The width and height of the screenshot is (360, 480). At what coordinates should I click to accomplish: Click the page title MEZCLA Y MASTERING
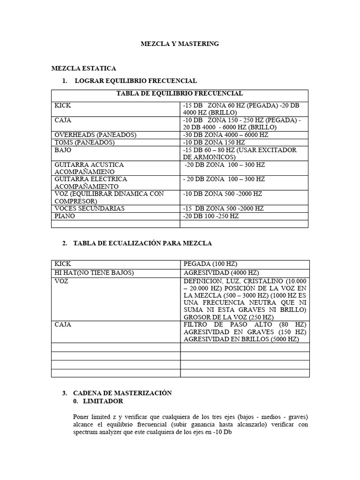[180, 44]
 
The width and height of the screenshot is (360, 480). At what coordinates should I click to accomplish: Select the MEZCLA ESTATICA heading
[83, 68]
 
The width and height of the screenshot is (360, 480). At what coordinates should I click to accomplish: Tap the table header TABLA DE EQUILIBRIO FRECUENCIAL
[180, 94]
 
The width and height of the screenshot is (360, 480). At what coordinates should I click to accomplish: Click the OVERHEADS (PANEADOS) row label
[95, 135]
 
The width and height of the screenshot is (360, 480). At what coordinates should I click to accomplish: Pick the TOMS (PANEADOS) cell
[85, 142]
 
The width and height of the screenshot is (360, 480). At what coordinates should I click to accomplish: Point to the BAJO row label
[63, 150]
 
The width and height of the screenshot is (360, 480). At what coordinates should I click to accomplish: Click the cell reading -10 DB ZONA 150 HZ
[214, 142]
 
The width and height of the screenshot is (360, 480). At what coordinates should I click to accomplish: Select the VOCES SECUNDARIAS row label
[90, 209]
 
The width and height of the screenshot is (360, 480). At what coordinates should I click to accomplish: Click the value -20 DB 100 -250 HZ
[211, 216]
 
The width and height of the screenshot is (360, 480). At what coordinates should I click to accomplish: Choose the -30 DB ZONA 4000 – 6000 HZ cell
[225, 135]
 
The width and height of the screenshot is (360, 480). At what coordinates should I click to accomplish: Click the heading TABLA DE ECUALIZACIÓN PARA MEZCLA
[143, 243]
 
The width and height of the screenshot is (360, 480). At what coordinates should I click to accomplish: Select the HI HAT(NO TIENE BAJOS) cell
[94, 272]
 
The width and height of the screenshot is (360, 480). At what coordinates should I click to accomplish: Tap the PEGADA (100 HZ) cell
[207, 264]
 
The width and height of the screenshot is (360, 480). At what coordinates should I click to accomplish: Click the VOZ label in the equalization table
[61, 281]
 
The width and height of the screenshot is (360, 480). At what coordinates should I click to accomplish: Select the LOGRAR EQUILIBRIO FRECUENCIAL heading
[135, 81]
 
